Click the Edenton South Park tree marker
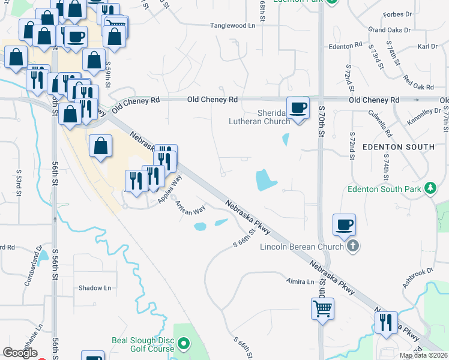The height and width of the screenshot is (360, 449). [430, 188]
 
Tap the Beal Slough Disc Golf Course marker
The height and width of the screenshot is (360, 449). [184, 344]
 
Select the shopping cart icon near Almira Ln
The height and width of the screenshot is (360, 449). [322, 309]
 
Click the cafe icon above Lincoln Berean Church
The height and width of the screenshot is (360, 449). [345, 225]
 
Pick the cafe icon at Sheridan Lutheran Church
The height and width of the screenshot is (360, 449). [298, 108]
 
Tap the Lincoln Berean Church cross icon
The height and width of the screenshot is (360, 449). [353, 245]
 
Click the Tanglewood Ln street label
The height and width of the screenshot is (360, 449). [232, 25]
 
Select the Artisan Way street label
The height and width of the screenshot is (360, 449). [190, 208]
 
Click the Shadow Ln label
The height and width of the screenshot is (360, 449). [95, 288]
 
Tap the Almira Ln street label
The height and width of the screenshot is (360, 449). [300, 281]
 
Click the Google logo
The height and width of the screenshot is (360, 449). [20, 353]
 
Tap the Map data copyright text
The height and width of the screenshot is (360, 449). [423, 355]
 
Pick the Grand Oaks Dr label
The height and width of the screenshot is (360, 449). [389, 29]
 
